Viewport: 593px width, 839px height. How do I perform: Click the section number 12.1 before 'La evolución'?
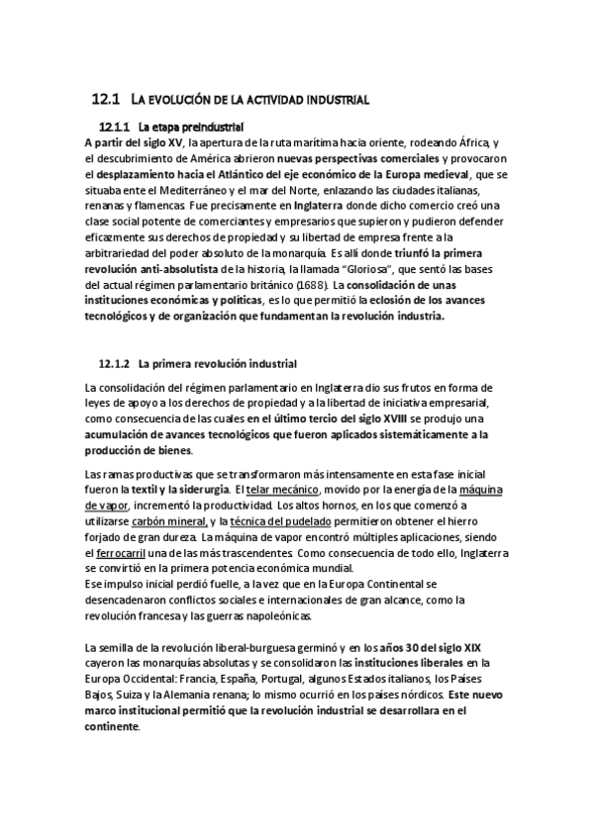(104, 100)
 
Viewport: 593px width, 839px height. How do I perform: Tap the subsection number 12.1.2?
(115, 363)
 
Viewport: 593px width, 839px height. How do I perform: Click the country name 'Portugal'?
(287, 679)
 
